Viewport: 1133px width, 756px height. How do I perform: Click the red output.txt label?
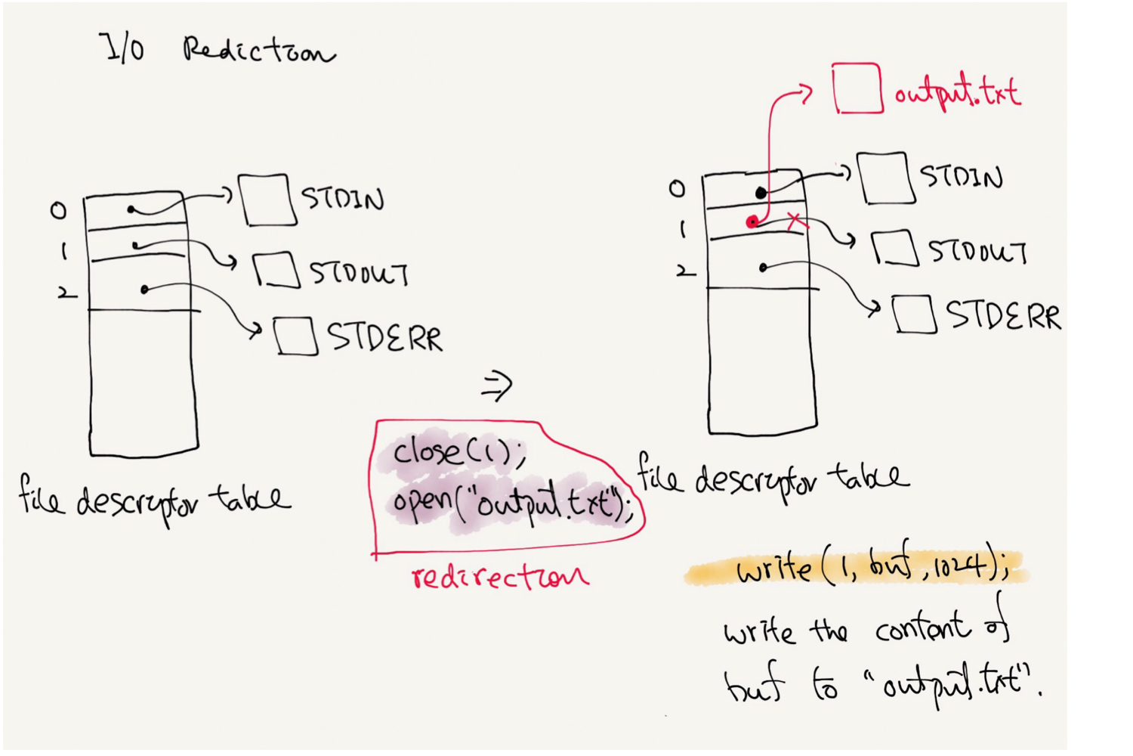(958, 93)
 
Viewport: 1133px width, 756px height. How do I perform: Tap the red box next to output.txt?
(857, 88)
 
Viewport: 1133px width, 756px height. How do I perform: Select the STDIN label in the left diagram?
(343, 199)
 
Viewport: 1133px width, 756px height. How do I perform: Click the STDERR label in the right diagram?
(1003, 315)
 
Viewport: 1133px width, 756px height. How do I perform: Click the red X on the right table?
(795, 221)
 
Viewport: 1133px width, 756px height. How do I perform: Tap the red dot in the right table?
(752, 222)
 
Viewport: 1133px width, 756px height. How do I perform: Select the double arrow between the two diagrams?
(497, 386)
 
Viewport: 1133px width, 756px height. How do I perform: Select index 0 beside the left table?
(58, 210)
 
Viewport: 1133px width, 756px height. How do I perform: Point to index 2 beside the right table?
(684, 271)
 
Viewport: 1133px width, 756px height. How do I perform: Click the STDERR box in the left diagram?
(295, 336)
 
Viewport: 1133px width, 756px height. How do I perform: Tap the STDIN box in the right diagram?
(882, 178)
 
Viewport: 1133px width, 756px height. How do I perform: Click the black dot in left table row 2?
(144, 290)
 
